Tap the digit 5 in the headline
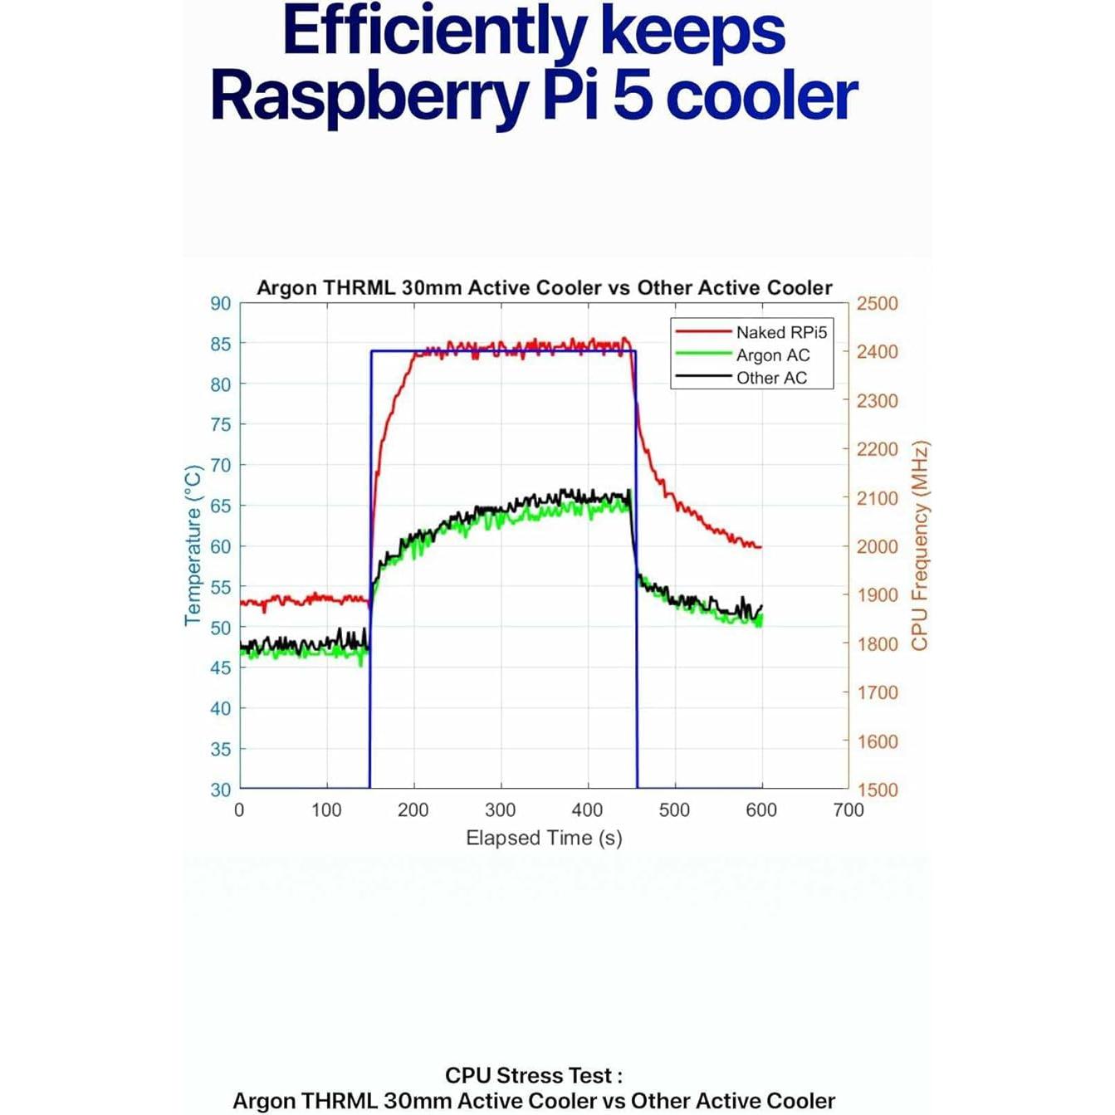pyautogui.click(x=633, y=97)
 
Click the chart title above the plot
pyautogui.click(x=544, y=288)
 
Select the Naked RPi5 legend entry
pyautogui.click(x=780, y=332)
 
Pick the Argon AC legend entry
pyautogui.click(x=772, y=355)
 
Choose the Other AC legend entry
pyautogui.click(x=771, y=378)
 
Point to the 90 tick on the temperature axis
pyautogui.click(x=220, y=304)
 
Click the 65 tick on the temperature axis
pyautogui.click(x=220, y=506)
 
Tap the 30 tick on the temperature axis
pyautogui.click(x=220, y=790)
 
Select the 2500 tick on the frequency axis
pyautogui.click(x=877, y=304)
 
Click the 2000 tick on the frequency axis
pyautogui.click(x=877, y=547)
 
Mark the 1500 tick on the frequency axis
pyautogui.click(x=877, y=790)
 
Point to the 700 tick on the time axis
pyautogui.click(x=848, y=810)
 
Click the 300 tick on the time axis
pyautogui.click(x=500, y=810)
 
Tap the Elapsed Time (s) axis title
pyautogui.click(x=544, y=839)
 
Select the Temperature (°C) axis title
pyautogui.click(x=193, y=545)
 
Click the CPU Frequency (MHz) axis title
pyautogui.click(x=919, y=545)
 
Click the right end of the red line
pyautogui.click(x=760, y=547)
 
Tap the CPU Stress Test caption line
pyautogui.click(x=534, y=1076)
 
